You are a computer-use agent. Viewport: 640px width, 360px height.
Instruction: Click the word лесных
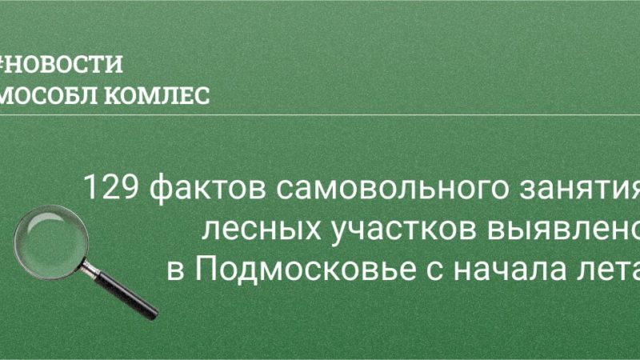click(254, 230)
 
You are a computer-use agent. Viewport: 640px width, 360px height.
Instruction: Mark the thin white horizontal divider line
click(320, 114)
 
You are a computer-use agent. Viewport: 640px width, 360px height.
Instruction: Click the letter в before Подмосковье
click(175, 271)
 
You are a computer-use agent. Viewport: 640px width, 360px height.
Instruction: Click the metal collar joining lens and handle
click(89, 255)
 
